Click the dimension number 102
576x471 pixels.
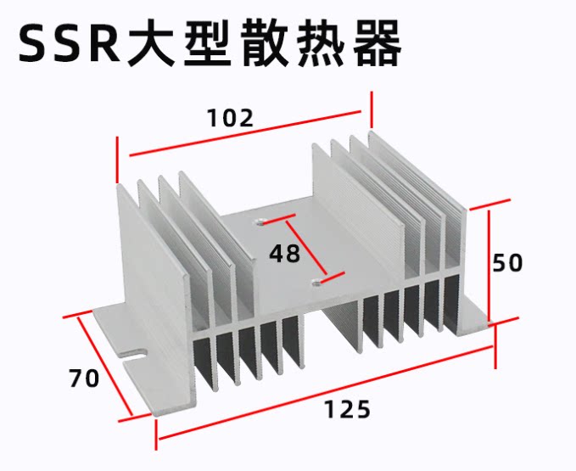tap(231, 118)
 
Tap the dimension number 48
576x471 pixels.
tap(285, 254)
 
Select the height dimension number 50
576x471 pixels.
tap(507, 263)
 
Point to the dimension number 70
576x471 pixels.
tap(84, 378)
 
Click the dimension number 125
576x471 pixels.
tap(348, 410)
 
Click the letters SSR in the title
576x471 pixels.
tap(70, 44)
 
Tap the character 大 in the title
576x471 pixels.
tap(151, 43)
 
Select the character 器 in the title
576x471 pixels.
tap(377, 43)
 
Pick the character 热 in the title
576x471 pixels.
tap(321, 43)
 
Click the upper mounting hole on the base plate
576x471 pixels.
tap(260, 221)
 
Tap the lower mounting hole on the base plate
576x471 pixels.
tap(316, 283)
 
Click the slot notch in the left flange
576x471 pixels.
tap(133, 356)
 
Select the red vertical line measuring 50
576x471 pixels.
tap(489, 265)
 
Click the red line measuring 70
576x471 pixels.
tap(104, 367)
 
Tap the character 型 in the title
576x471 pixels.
tap(208, 43)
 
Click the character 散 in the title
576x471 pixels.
tap(264, 43)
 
